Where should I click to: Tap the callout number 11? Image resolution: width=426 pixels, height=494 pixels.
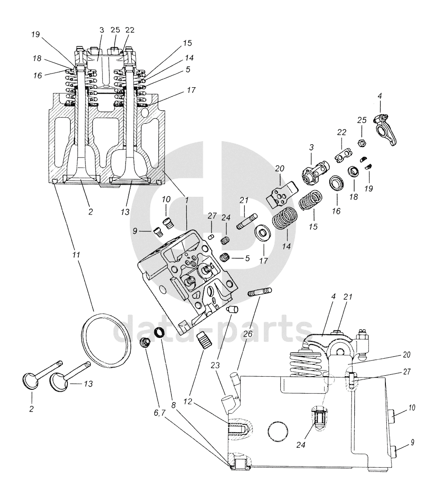(75, 255)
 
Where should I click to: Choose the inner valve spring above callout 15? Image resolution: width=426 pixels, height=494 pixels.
(310, 200)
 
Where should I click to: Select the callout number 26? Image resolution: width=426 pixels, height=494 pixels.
(248, 333)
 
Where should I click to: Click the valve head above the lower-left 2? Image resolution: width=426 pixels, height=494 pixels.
(31, 380)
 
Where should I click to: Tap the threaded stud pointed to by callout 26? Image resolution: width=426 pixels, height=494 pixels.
(260, 292)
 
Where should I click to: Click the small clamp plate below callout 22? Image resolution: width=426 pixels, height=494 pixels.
(342, 156)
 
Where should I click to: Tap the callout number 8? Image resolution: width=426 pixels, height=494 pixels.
(173, 405)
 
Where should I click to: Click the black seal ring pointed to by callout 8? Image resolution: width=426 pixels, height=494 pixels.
(160, 332)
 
